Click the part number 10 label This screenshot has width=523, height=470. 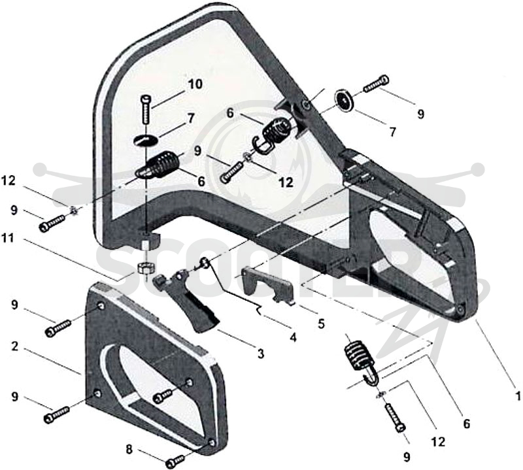click(x=194, y=84)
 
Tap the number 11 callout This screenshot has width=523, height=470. click(x=8, y=238)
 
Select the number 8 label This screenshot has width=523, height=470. click(x=129, y=449)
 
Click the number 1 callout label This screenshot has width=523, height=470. click(x=517, y=396)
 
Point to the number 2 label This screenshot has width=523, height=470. click(x=14, y=346)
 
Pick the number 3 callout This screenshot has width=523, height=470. click(x=260, y=353)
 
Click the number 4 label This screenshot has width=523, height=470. click(x=293, y=338)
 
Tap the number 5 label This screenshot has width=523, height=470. click(x=321, y=324)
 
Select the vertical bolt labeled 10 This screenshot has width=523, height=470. click(x=146, y=110)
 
